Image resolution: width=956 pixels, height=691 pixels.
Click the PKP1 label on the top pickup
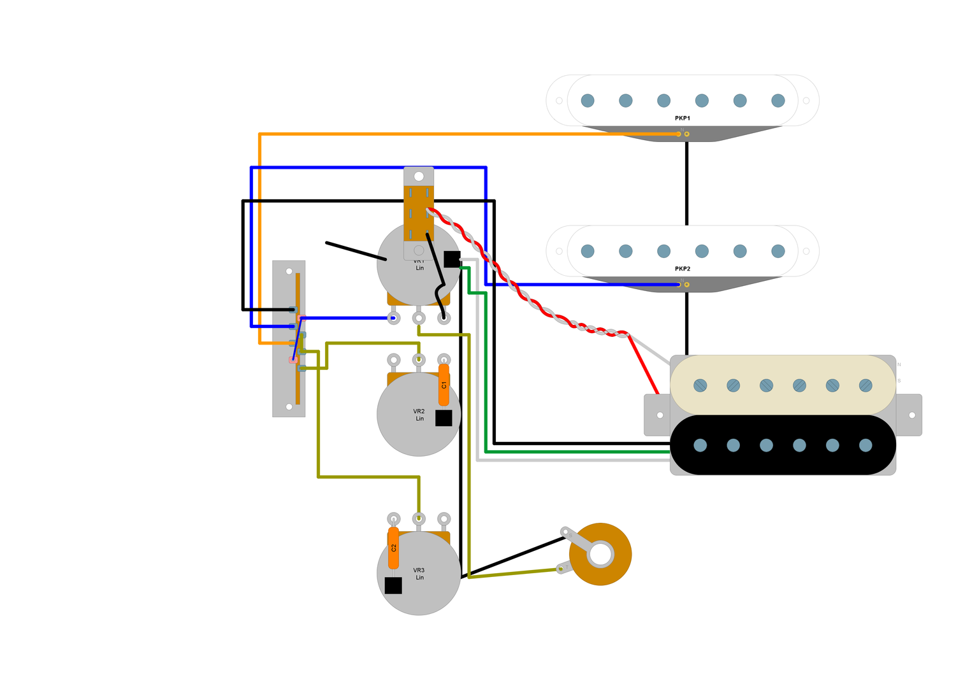click(x=682, y=118)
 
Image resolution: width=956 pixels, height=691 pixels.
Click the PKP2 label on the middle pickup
click(x=682, y=269)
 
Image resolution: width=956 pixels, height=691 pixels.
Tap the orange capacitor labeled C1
click(x=444, y=385)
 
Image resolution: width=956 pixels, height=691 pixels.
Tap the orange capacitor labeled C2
click(x=393, y=548)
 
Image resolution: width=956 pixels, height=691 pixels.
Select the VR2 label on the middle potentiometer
click(x=418, y=411)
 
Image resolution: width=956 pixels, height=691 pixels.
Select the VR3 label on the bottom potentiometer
click(x=418, y=571)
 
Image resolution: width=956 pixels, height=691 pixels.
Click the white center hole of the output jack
click(x=600, y=554)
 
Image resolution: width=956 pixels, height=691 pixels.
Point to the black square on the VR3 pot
click(x=393, y=585)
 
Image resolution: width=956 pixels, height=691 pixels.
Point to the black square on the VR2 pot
click(x=444, y=418)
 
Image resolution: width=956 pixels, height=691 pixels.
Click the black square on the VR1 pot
click(x=452, y=259)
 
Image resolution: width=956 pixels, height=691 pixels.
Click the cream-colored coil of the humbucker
click(x=783, y=385)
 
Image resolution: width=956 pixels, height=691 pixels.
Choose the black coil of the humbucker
click(x=783, y=445)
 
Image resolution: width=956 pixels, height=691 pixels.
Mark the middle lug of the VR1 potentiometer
click(x=419, y=318)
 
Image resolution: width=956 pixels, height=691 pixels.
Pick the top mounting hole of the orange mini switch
click(x=419, y=176)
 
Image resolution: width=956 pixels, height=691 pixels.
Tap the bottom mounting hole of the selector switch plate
click(x=289, y=406)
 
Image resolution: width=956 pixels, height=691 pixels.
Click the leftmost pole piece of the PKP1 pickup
click(x=588, y=101)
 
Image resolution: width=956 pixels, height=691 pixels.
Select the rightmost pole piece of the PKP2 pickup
click(x=778, y=251)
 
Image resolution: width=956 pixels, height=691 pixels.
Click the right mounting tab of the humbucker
click(x=911, y=415)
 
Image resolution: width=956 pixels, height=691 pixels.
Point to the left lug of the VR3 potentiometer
click(x=393, y=519)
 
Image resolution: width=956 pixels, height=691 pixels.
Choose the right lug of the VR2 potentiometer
click(x=444, y=360)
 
